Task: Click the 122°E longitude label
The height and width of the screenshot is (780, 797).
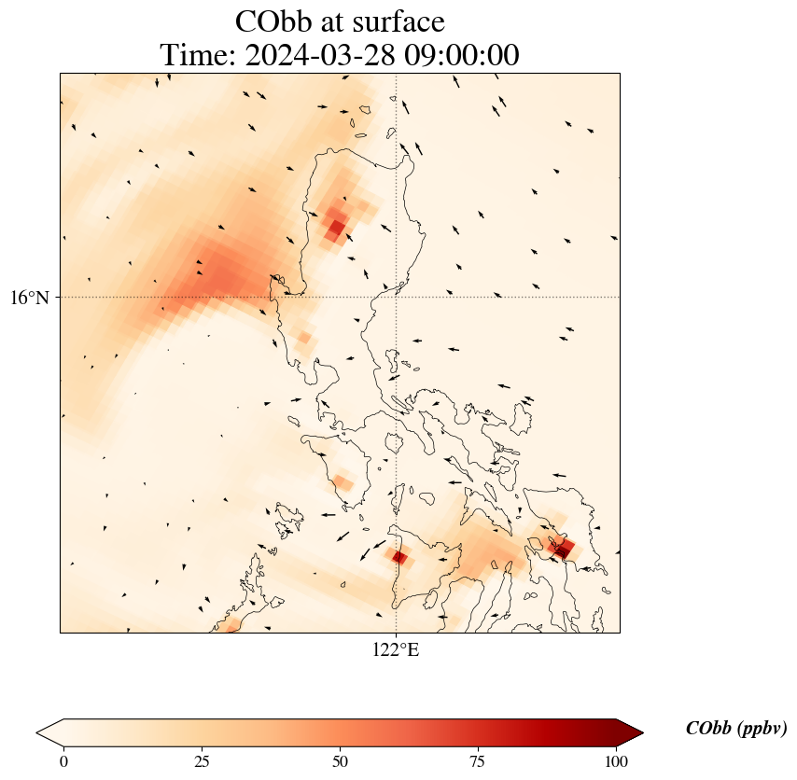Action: [x=396, y=650]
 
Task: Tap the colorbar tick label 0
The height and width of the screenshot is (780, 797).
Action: [x=63, y=761]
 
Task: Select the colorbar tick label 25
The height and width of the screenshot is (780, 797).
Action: [x=202, y=761]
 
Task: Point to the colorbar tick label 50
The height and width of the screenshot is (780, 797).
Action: [x=340, y=761]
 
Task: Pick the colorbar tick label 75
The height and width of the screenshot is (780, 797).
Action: [x=478, y=761]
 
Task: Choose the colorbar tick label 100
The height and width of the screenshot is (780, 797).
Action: [x=616, y=761]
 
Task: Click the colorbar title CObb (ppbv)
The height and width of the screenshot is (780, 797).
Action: [x=735, y=729]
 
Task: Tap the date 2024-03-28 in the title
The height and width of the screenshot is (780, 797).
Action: [x=317, y=55]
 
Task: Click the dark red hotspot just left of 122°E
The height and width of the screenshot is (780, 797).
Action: [x=399, y=557]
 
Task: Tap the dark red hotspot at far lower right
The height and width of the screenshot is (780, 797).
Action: [x=563, y=549]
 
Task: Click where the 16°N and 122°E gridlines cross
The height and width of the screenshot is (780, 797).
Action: [x=397, y=297]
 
